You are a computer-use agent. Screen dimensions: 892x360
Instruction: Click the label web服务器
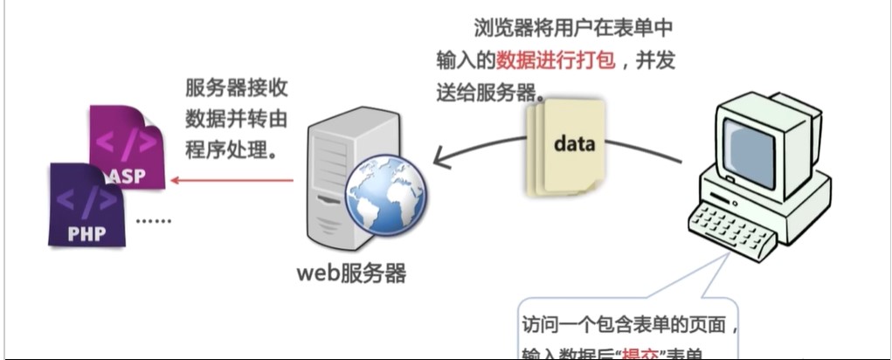[350, 273]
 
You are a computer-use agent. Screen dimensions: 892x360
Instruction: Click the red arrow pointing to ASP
[232, 181]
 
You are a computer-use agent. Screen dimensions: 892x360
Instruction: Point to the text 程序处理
[231, 148]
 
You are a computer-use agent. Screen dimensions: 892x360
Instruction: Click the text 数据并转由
[237, 118]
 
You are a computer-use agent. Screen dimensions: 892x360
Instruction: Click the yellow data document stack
[566, 146]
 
